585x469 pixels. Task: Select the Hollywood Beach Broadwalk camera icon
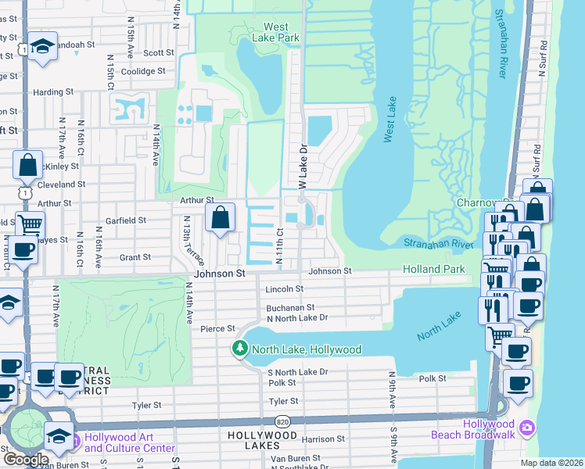pos(527,428)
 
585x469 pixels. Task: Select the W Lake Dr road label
pos(304,163)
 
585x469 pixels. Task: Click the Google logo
pos(26,460)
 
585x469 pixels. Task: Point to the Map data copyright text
pos(551,463)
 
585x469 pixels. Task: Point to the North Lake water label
pos(440,325)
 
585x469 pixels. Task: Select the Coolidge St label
pos(143,71)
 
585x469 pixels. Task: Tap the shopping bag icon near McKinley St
pos(27,166)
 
